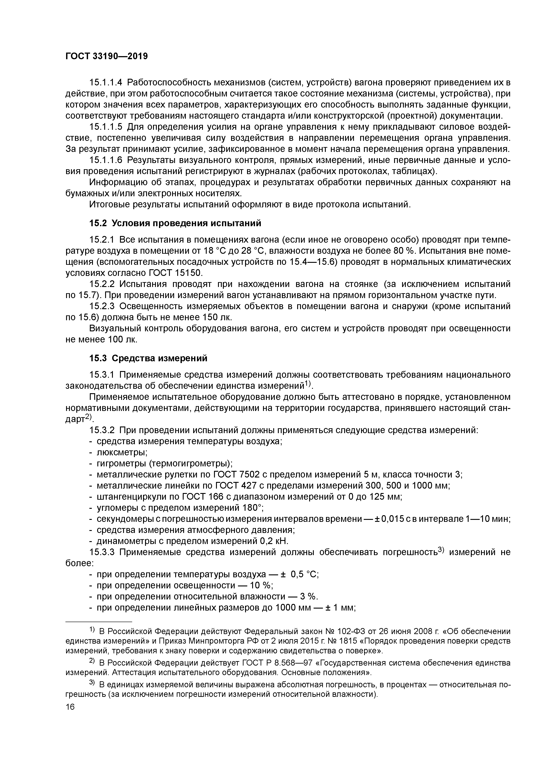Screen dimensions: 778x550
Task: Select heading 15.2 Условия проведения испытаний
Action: (x=175, y=223)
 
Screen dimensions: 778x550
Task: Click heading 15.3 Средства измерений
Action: (x=148, y=358)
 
